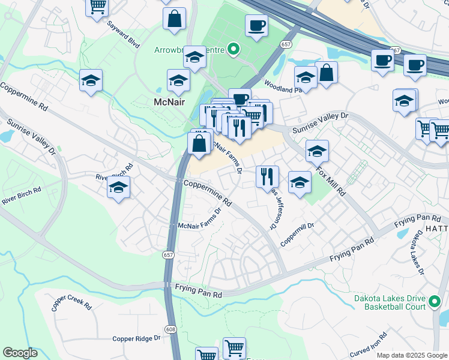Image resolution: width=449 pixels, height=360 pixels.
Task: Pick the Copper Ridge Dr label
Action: pyautogui.click(x=137, y=338)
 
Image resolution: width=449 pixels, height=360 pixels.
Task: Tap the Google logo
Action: pyautogui.click(x=20, y=353)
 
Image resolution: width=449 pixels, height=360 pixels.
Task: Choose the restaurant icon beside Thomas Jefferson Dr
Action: pyautogui.click(x=267, y=175)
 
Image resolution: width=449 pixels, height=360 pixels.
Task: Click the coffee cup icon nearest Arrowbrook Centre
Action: pyautogui.click(x=256, y=25)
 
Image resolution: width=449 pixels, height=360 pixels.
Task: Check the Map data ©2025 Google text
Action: pyautogui.click(x=412, y=355)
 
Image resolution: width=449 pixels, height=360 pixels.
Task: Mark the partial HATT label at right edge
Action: pyautogui.click(x=438, y=230)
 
